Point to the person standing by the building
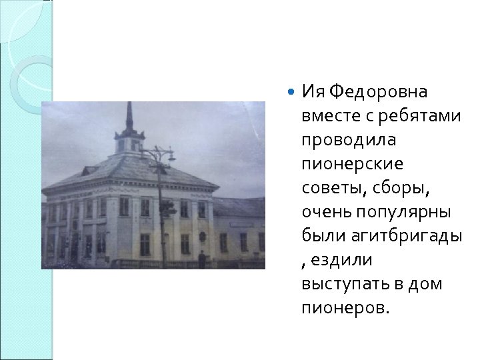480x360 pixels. point(201,257)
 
